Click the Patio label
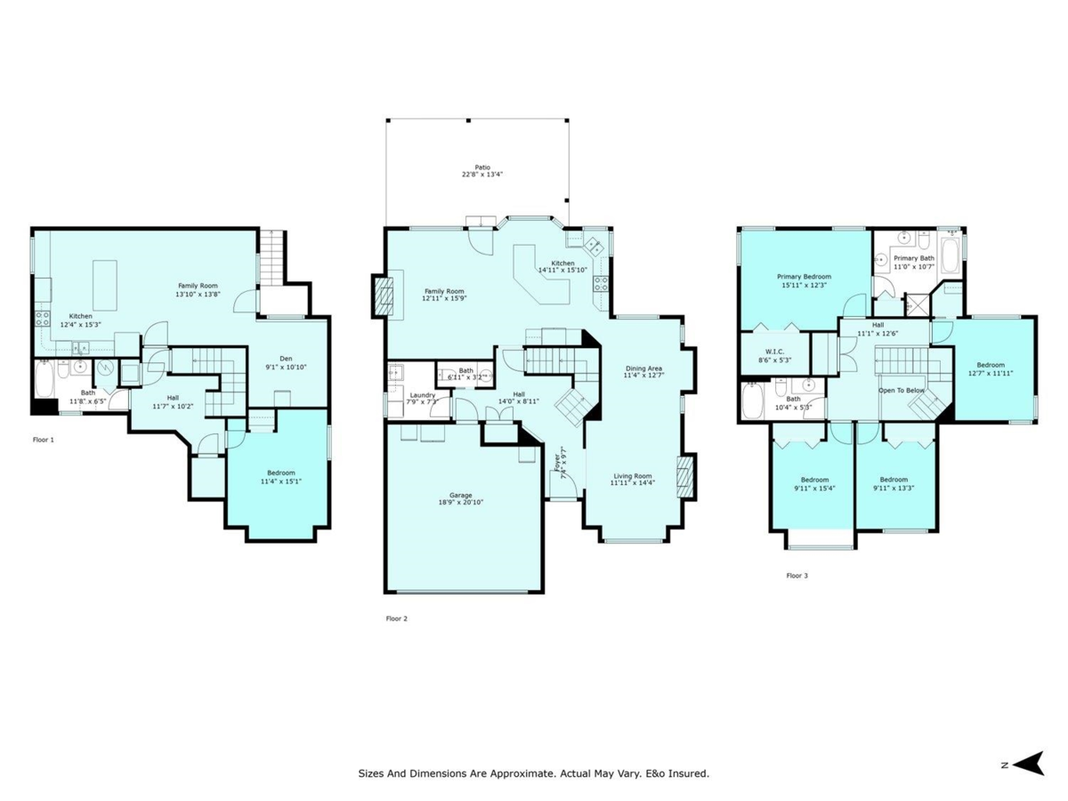pyautogui.click(x=481, y=166)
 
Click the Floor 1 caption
pyautogui.click(x=44, y=440)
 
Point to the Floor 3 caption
pyautogui.click(x=797, y=576)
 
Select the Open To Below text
pyautogui.click(x=901, y=390)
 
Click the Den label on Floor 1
pyautogui.click(x=287, y=359)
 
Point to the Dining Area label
pyautogui.click(x=643, y=368)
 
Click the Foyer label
pyautogui.click(x=558, y=462)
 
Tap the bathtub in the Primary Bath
pyautogui.click(x=950, y=254)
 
